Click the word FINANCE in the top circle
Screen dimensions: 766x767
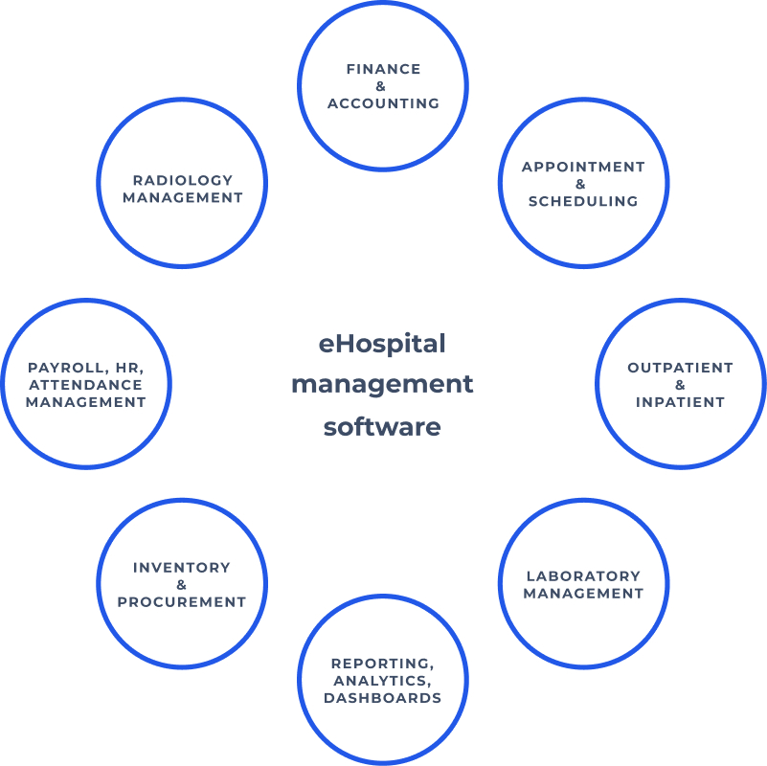(383, 69)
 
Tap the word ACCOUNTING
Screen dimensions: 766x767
(383, 103)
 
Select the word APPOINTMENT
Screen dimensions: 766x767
(583, 167)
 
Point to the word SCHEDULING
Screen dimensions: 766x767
(583, 201)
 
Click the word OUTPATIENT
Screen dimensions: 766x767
(680, 368)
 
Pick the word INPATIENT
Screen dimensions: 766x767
(680, 402)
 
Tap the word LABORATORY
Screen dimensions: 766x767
(583, 576)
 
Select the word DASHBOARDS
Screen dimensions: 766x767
(382, 698)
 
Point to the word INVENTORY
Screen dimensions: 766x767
(182, 568)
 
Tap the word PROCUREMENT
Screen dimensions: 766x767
(182, 602)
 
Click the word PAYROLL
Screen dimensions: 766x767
(61, 368)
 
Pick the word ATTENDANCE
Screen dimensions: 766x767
(86, 385)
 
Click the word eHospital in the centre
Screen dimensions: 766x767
(382, 343)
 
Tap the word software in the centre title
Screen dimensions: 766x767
(382, 426)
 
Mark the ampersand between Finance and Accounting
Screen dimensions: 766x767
(382, 86)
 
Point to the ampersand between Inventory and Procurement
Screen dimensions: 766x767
(182, 585)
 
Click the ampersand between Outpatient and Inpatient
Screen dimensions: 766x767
(680, 385)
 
